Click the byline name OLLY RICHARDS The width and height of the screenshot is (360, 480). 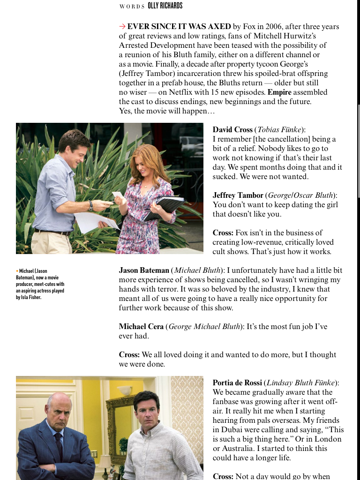pos(165,6)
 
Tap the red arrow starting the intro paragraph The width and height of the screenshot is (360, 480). pos(122,27)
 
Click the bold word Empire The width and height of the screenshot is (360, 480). pos(279,92)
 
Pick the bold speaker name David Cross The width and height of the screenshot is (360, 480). pos(232,130)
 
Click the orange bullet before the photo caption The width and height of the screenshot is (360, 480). pos(17,271)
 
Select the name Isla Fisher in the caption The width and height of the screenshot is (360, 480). pos(29,297)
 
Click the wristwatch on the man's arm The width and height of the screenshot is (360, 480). pos(90,205)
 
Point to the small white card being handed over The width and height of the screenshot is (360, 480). pos(117,195)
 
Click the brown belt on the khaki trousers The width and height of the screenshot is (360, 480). pos(52,231)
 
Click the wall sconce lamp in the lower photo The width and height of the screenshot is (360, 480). pos(125,390)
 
